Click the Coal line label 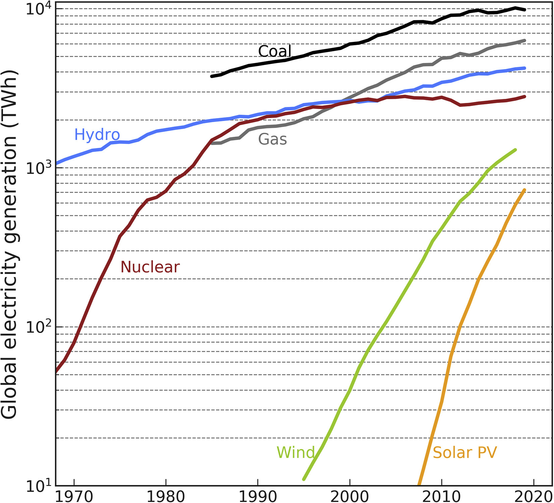275,51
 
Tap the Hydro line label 97,134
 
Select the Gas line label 272,139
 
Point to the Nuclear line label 150,267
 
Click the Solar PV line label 464,452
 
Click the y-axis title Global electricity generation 9,245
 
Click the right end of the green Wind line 515,150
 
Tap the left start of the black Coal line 212,76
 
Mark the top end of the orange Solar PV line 524,190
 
